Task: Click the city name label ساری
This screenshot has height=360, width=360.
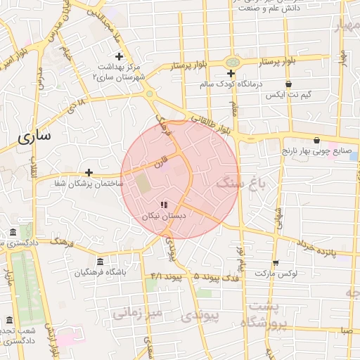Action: (x=34, y=137)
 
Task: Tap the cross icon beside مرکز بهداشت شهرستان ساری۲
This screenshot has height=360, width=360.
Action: (x=119, y=56)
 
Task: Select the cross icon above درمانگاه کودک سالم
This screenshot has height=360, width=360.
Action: (x=231, y=73)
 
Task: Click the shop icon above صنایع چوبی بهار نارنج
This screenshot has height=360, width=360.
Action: (x=316, y=140)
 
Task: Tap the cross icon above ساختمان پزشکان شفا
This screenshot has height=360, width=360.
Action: (x=89, y=172)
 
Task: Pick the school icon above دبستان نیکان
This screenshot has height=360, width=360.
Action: (x=164, y=205)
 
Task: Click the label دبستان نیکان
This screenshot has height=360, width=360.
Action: (x=164, y=216)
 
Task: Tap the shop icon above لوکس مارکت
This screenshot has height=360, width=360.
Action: (x=276, y=262)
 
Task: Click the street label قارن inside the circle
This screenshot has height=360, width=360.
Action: (x=161, y=161)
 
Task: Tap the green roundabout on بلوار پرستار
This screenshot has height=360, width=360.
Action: (x=232, y=62)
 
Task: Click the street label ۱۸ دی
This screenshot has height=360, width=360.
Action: (x=76, y=108)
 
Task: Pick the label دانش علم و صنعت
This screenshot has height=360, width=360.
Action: (x=291, y=8)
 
